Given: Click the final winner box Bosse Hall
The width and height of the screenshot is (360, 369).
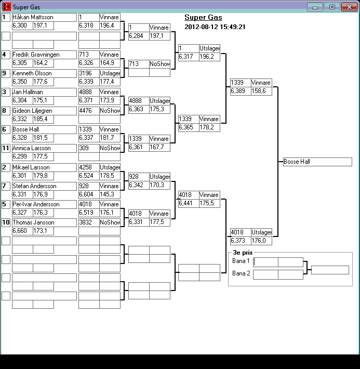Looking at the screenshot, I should tap(317, 162).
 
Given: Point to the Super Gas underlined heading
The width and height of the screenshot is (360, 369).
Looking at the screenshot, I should tap(203, 18).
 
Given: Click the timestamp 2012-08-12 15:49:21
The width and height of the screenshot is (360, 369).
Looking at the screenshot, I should tap(215, 27).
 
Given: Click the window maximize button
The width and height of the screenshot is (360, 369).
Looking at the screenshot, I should tap(331, 7).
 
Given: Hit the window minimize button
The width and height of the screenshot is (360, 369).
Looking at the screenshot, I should tap(314, 7).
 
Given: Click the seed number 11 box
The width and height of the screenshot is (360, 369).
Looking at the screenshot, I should tap(6, 148).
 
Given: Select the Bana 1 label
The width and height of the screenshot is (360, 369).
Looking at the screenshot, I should tap(241, 261).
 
